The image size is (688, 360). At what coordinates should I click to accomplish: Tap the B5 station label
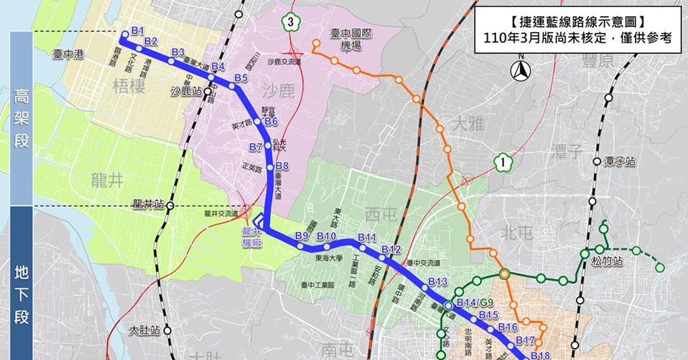pyautogui.click(x=241, y=79)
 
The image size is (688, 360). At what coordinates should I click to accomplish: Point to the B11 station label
pyautogui.click(x=367, y=238)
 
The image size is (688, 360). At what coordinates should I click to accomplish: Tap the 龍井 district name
pyautogui.click(x=107, y=176)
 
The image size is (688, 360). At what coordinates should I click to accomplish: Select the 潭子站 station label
pyautogui.click(x=619, y=162)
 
